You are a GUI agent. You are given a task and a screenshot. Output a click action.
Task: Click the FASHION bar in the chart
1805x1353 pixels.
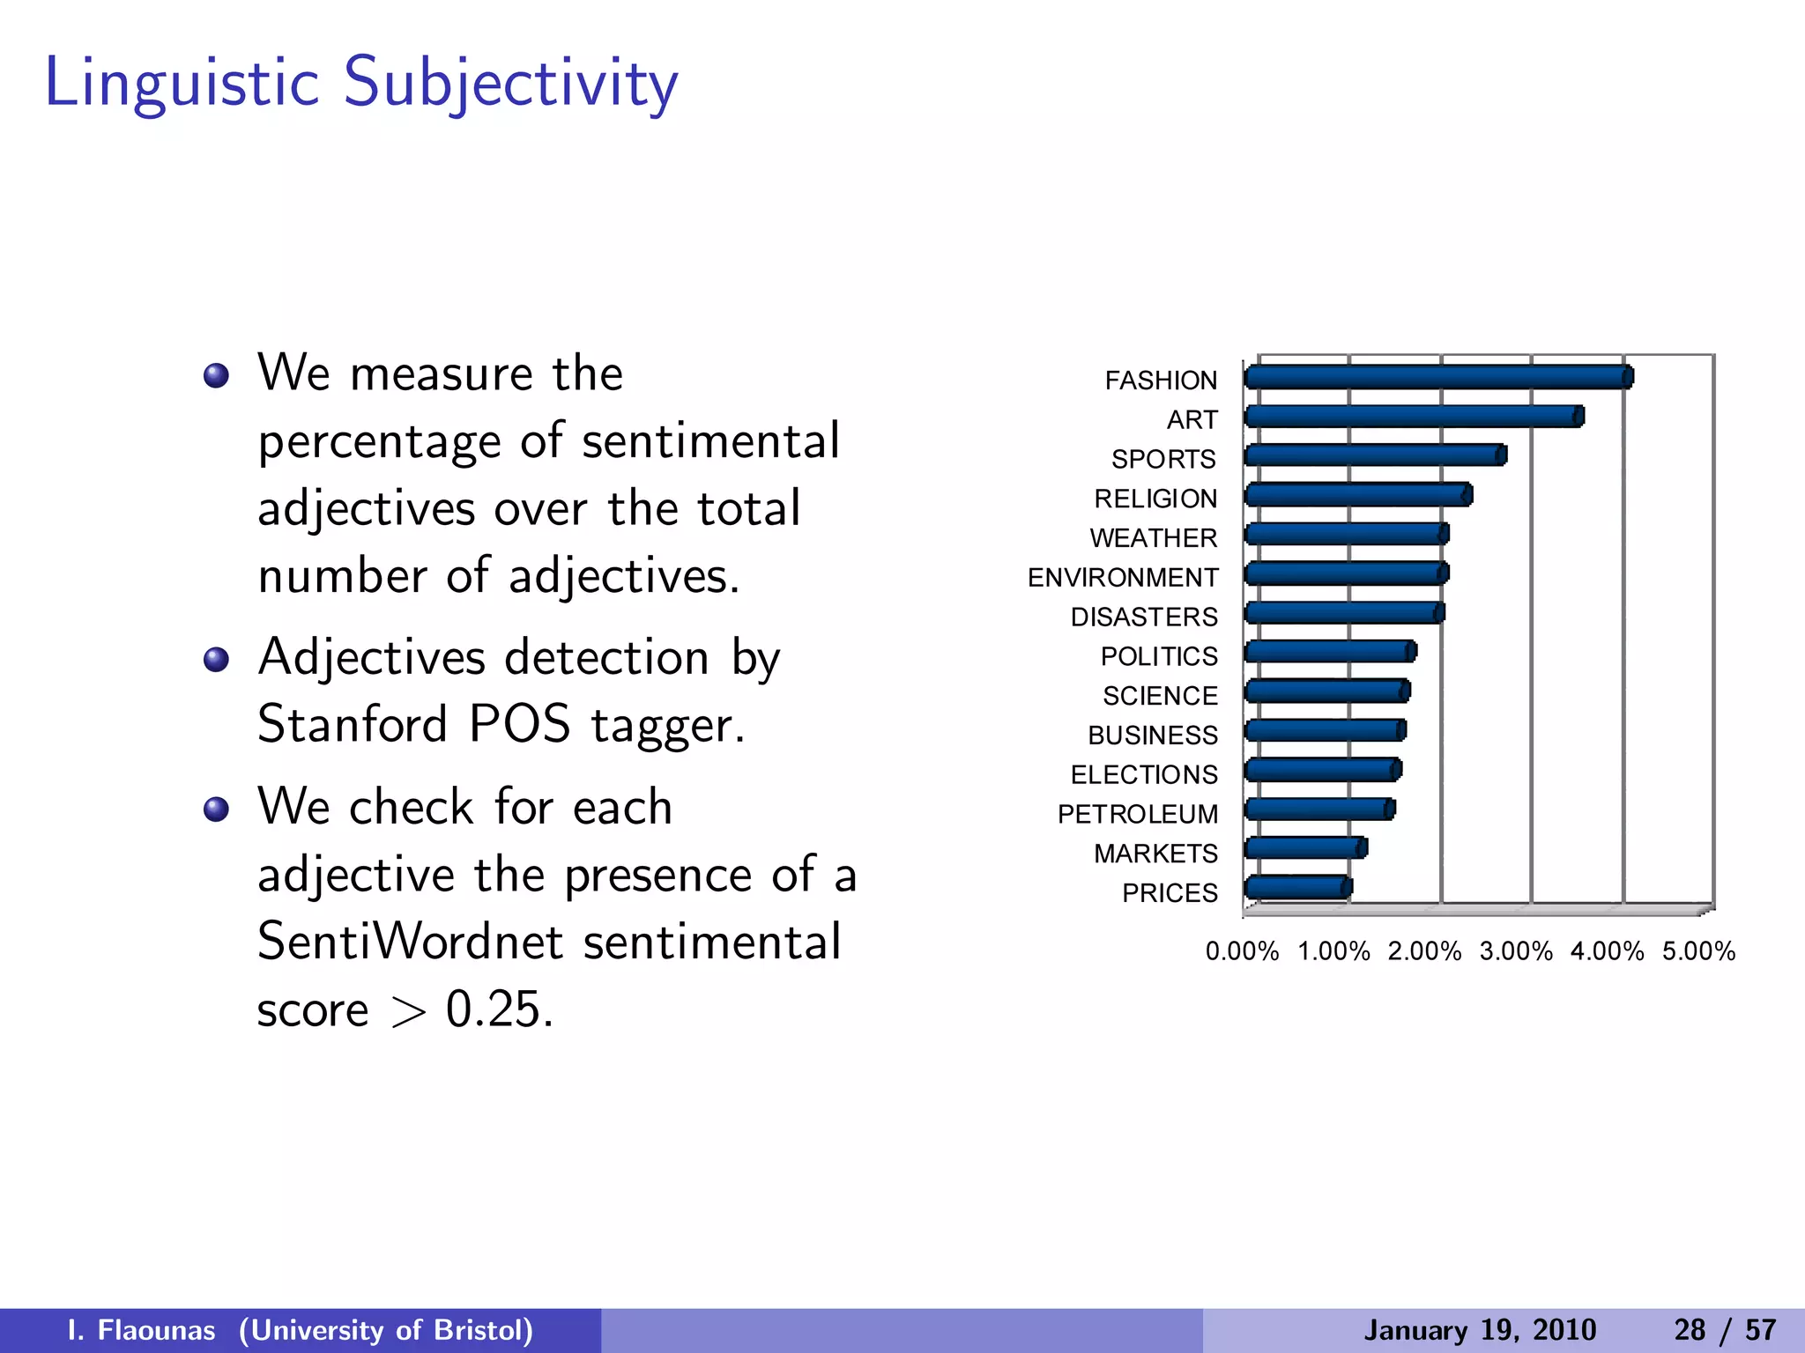coord(1437,377)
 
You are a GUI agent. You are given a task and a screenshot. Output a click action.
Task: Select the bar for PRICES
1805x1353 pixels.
coord(1296,887)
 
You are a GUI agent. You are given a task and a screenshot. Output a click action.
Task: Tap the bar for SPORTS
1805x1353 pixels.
coord(1375,455)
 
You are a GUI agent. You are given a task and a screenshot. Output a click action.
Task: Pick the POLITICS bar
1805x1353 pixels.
coord(1329,652)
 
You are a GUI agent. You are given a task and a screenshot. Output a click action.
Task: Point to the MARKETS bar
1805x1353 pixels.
coord(1304,848)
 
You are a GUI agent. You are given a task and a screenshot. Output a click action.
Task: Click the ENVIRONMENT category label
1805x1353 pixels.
coord(1123,578)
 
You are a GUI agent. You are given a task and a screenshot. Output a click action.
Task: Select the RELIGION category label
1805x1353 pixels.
coord(1155,499)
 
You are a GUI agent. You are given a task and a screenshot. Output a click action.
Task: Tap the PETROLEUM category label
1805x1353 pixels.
coord(1137,814)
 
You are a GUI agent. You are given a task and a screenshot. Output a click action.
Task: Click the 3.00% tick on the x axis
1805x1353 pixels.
coord(1516,951)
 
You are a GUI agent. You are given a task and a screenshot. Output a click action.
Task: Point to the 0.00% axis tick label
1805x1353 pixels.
coord(1242,951)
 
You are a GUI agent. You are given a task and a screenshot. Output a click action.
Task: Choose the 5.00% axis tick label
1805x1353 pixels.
coord(1698,951)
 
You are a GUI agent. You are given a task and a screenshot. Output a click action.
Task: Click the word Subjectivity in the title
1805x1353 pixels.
coord(510,83)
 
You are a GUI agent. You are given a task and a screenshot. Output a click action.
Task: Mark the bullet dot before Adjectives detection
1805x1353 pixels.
coord(216,659)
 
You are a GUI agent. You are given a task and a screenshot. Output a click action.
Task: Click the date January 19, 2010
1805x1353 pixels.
coord(1480,1330)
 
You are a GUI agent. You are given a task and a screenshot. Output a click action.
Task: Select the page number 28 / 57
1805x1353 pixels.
coord(1725,1330)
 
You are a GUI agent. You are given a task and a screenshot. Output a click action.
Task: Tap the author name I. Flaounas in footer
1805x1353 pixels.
coord(141,1330)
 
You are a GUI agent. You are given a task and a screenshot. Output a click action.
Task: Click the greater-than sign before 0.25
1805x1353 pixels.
coord(408,1013)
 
